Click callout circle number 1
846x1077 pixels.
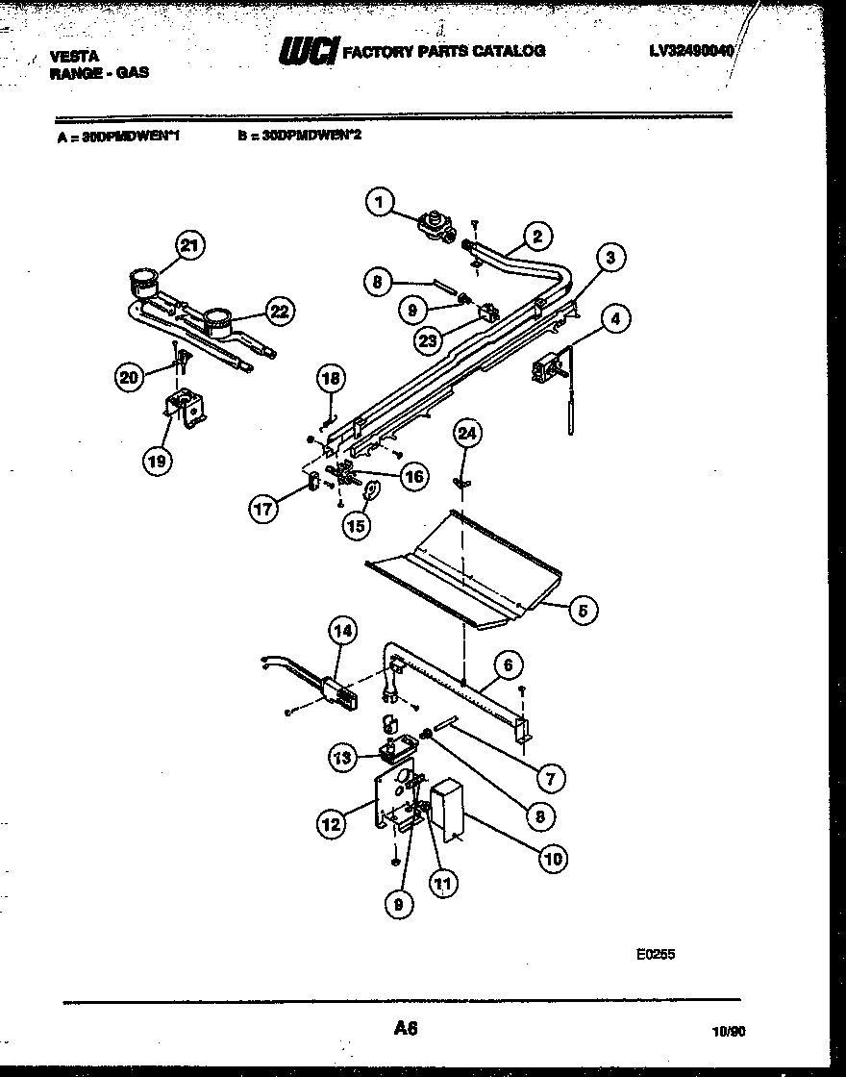[381, 202]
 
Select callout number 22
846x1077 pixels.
[278, 311]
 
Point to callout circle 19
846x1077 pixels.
[157, 461]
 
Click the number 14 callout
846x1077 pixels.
[343, 631]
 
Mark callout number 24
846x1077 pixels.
[466, 435]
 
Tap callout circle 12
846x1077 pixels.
[332, 822]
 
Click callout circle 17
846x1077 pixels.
[264, 509]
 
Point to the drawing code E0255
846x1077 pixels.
[656, 955]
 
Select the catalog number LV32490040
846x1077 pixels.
[689, 49]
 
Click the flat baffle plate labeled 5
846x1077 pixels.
[461, 572]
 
